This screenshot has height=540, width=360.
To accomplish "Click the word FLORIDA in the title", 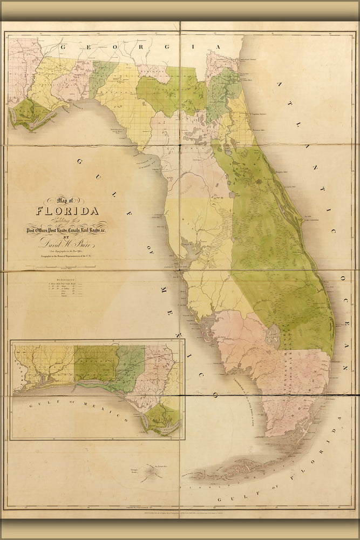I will coord(67,211).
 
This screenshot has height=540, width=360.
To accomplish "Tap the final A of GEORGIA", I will coord(218,47).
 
